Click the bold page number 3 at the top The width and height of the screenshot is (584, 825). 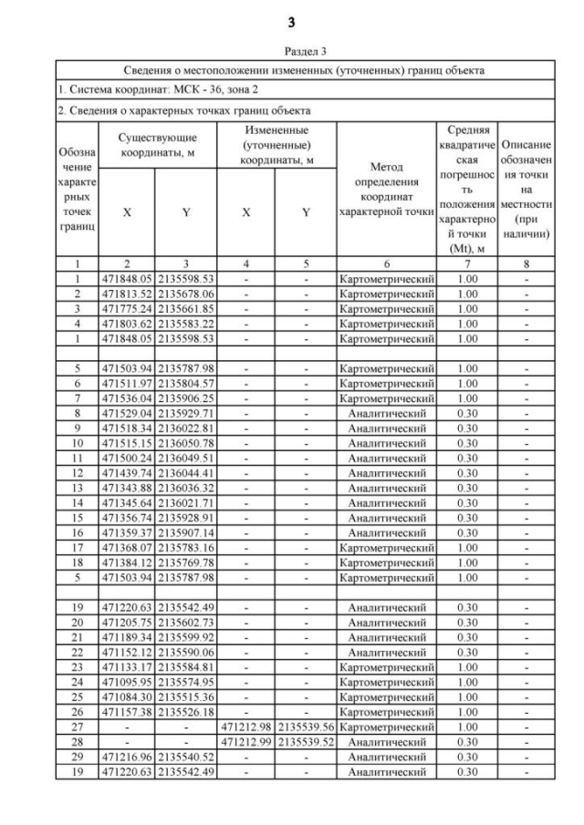(292, 21)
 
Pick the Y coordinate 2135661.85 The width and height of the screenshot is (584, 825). (186, 310)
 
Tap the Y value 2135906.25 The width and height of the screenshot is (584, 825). (186, 399)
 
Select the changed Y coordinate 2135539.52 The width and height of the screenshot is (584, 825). (307, 742)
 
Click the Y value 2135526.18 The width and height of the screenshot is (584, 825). (186, 711)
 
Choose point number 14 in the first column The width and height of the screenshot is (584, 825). (78, 503)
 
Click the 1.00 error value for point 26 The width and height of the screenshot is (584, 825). (466, 711)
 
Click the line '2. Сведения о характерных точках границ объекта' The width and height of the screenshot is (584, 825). (183, 110)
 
